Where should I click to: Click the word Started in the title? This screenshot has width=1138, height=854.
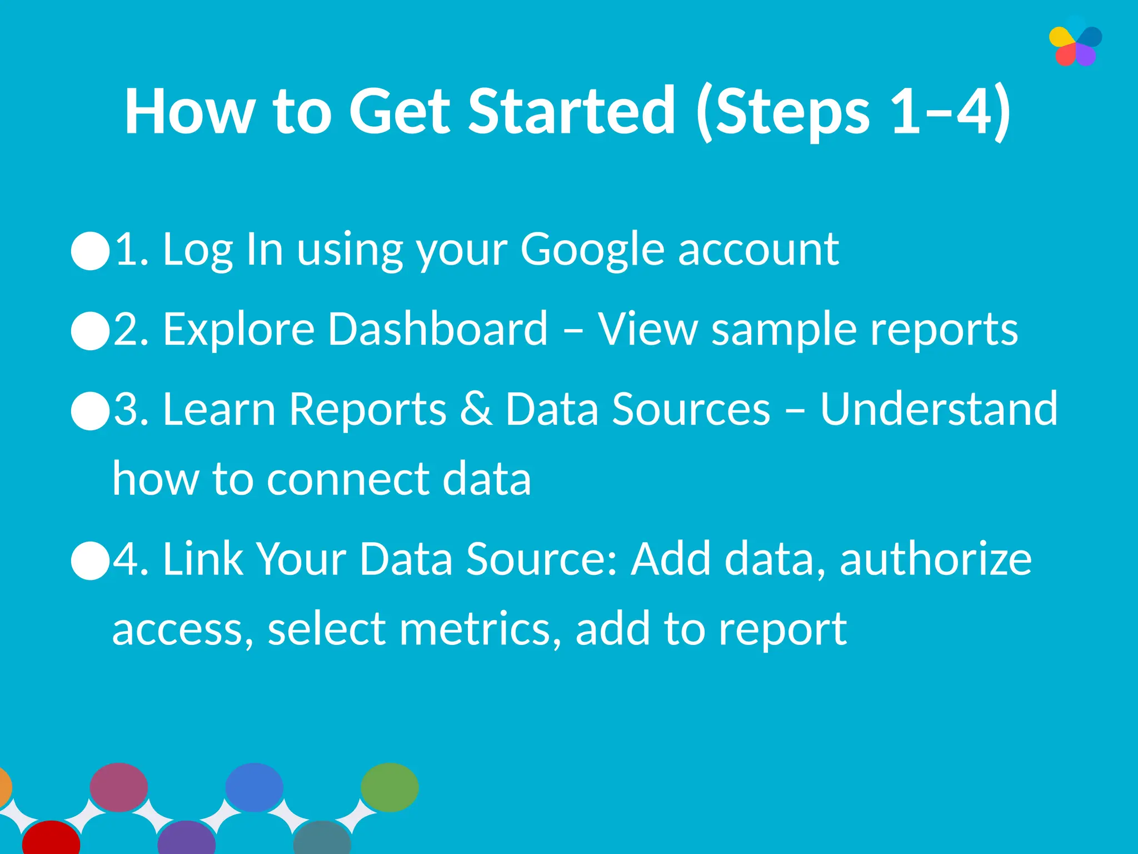pos(571,111)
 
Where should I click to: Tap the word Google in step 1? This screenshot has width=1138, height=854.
pos(592,250)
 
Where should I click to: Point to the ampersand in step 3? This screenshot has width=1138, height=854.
pos(476,409)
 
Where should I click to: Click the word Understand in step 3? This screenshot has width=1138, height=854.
pos(939,409)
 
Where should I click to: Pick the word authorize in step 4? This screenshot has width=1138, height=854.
pos(936,559)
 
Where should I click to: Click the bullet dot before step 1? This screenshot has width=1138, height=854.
pos(91,251)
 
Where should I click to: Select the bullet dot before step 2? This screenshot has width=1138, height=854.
pos(91,330)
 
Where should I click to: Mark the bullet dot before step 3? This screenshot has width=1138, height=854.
pos(91,410)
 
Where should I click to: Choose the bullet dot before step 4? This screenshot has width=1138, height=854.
pos(91,560)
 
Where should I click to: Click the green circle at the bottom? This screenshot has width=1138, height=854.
pos(390,787)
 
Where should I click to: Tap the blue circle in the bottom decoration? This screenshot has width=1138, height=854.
pos(254,787)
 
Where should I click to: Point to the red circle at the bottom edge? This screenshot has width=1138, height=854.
pos(51,838)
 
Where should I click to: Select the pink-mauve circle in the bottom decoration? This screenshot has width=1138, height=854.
pos(119,787)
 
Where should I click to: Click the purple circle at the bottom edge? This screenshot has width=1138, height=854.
pos(187,838)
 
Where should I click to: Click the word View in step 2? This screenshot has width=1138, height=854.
pos(647,329)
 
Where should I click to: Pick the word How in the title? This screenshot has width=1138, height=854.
pos(189,111)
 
